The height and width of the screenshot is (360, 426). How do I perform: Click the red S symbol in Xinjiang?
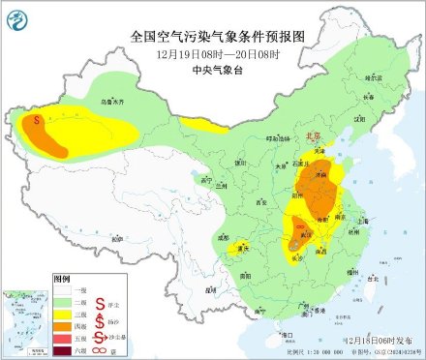38,122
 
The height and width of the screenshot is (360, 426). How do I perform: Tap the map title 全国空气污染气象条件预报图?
212,37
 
